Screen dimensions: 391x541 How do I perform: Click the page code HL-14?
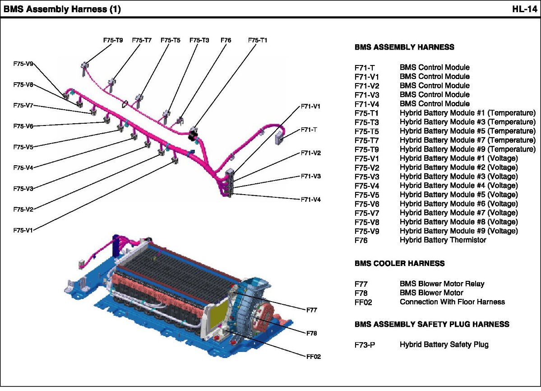pyautogui.click(x=524, y=9)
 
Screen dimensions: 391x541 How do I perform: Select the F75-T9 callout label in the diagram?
pyautogui.click(x=113, y=40)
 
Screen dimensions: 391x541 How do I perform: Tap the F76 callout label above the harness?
pyautogui.click(x=226, y=40)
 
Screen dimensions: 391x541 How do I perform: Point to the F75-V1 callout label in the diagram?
pyautogui.click(x=23, y=230)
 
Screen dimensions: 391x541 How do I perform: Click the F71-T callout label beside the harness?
pyautogui.click(x=309, y=130)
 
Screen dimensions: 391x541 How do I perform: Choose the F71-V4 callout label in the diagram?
pyautogui.click(x=310, y=199)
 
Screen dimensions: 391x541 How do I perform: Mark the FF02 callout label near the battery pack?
pyautogui.click(x=313, y=356)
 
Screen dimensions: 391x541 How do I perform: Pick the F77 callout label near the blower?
pyautogui.click(x=311, y=310)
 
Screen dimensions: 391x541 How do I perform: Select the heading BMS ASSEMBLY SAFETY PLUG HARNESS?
pyautogui.click(x=432, y=324)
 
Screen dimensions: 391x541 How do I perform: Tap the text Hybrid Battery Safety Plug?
pyautogui.click(x=444, y=344)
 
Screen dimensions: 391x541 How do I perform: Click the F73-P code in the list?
pyautogui.click(x=365, y=345)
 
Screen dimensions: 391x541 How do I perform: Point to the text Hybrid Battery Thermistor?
pyautogui.click(x=443, y=240)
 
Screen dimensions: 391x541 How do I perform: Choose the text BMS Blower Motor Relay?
pyautogui.click(x=442, y=284)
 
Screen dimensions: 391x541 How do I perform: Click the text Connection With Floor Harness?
pyautogui.click(x=452, y=302)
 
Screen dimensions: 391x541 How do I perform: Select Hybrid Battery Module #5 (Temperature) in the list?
pyautogui.click(x=467, y=131)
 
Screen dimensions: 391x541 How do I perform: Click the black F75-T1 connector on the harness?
pyautogui.click(x=193, y=133)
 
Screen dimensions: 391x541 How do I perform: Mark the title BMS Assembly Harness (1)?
pyautogui.click(x=62, y=9)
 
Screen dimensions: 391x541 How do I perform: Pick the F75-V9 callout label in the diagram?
pyautogui.click(x=23, y=64)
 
